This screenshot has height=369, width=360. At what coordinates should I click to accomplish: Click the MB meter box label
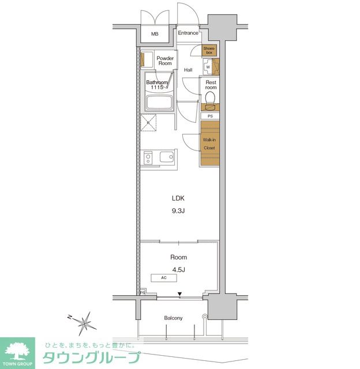[x=155, y=34]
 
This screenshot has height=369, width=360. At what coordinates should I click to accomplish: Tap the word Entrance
[x=188, y=33]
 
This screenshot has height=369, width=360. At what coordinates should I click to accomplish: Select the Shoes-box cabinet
[x=209, y=50]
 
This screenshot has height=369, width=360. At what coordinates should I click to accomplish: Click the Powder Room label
[x=165, y=61]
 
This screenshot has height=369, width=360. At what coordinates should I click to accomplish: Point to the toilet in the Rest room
[x=210, y=97]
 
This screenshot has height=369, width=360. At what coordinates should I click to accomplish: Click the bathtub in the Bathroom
[x=159, y=103]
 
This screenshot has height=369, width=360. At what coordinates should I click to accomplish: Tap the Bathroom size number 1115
[x=157, y=88]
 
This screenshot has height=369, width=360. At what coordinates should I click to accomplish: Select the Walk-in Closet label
[x=209, y=144]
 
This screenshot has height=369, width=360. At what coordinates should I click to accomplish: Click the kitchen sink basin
[x=167, y=156]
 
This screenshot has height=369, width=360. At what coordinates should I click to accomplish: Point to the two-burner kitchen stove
[x=148, y=157]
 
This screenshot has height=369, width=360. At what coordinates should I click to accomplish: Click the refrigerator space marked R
[x=148, y=123]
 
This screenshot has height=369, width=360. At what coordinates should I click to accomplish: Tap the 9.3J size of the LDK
[x=178, y=211]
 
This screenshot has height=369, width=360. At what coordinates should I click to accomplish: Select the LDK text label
[x=178, y=198]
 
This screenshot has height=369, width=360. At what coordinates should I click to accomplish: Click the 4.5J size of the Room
[x=178, y=270]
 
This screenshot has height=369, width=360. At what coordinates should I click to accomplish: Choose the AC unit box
[x=164, y=278]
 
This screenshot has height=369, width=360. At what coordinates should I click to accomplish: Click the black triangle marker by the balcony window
[x=179, y=294]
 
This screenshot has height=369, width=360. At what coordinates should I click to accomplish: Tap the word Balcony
[x=173, y=318]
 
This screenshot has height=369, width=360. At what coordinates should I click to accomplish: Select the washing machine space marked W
[x=208, y=67]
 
